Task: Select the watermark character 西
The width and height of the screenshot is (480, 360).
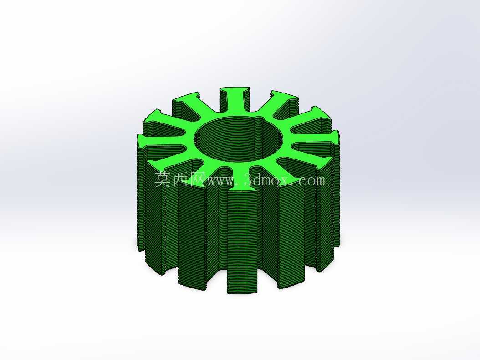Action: pyautogui.click(x=181, y=179)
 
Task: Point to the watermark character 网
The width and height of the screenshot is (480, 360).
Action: pyautogui.click(x=198, y=179)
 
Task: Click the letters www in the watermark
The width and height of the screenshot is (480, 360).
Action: pyautogui.click(x=219, y=181)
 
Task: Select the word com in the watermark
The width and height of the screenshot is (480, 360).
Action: pyautogui.click(x=311, y=181)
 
